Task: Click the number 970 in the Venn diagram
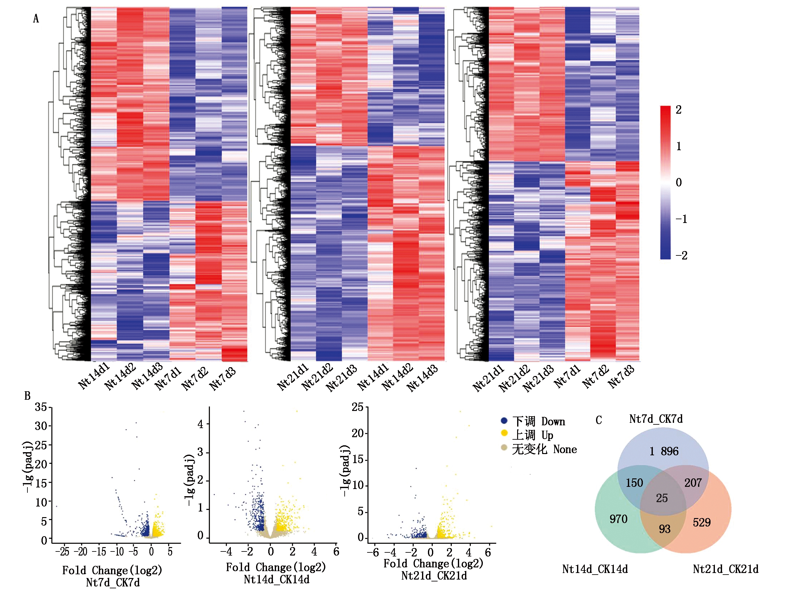pos(618,519)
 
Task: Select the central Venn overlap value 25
pos(662,498)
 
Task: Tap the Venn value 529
pos(701,522)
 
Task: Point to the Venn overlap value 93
pos(664,529)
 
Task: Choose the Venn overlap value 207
pos(693,483)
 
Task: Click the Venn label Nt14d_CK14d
pos(595,569)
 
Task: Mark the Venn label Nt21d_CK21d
pos(725,569)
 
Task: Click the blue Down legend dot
pos(503,421)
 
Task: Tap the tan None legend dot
pos(503,447)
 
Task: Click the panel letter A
pos(36,18)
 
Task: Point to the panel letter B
pos(27,396)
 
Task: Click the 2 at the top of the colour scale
pos(678,110)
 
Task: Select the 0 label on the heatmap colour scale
pos(678,182)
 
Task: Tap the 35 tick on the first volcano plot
pos(41,407)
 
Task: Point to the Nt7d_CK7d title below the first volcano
pos(113,583)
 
